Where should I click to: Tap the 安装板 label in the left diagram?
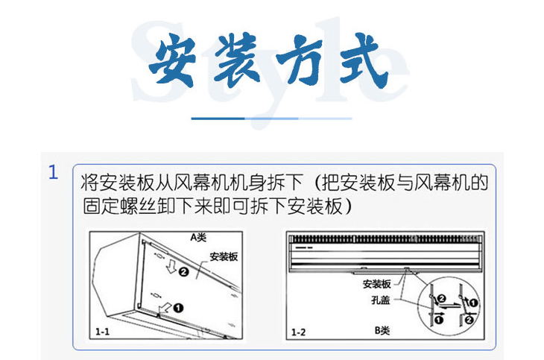(x=224, y=256)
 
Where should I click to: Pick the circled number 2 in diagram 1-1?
(x=184, y=273)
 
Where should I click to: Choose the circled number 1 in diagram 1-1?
(x=180, y=306)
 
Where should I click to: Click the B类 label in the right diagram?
(x=382, y=330)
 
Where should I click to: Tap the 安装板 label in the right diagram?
(x=377, y=284)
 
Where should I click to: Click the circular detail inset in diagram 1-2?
(x=454, y=306)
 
